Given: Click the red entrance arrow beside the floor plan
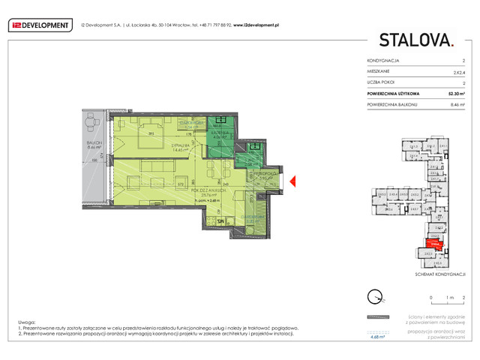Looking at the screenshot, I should click(x=294, y=181).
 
